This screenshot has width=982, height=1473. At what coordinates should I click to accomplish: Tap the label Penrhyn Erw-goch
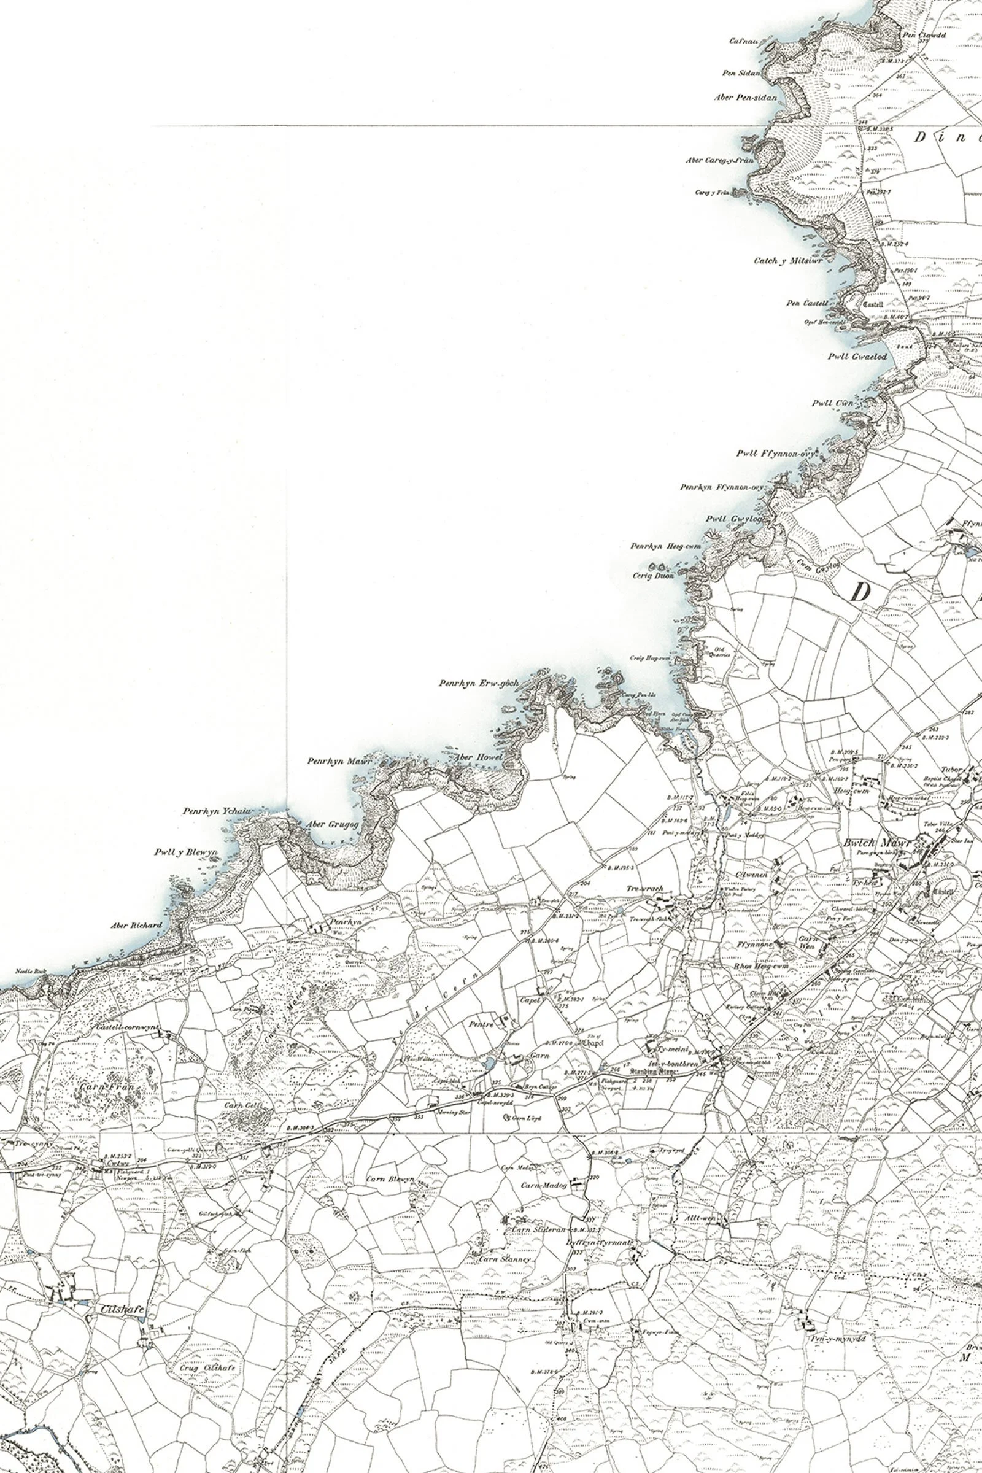[479, 683]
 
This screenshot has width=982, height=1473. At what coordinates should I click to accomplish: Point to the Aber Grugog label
[332, 825]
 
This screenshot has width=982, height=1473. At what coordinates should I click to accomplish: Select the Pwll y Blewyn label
[185, 852]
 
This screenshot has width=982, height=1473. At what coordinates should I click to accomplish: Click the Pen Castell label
[807, 304]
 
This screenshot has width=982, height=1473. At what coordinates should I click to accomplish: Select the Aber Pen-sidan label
[745, 98]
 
